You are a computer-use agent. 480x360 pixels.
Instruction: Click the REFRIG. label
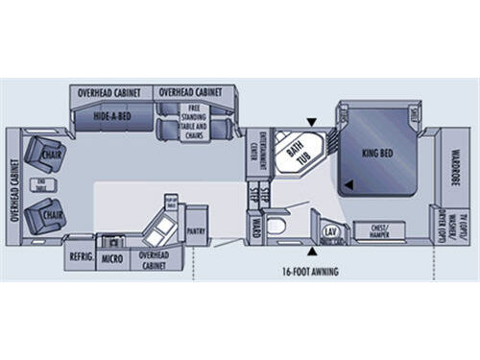79,257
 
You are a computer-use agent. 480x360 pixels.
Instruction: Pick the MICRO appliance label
112,257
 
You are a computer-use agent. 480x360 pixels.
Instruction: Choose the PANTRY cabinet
198,231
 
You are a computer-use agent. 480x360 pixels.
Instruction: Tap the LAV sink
330,230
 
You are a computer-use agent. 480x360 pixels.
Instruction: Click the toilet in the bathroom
277,228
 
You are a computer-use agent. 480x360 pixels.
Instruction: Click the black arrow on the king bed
348,184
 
